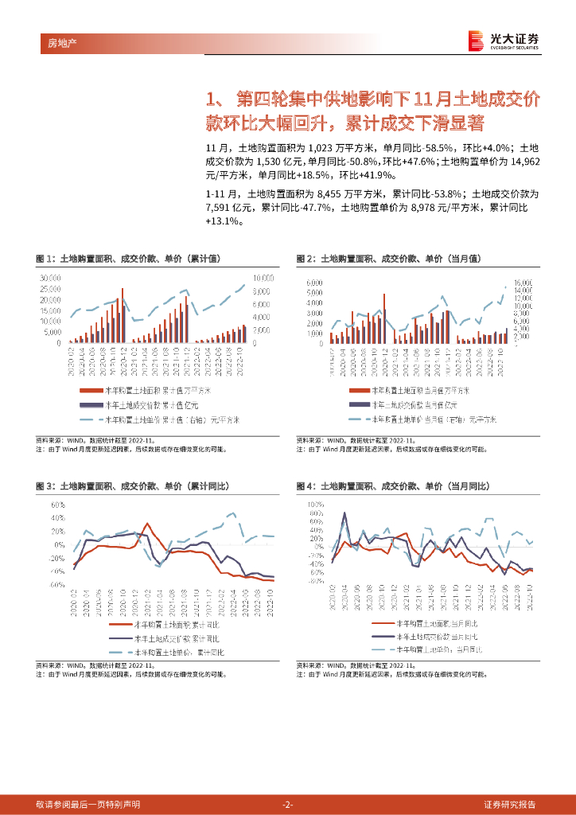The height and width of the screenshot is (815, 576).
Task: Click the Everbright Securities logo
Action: [503, 41]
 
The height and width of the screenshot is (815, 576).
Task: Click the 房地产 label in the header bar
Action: [53, 42]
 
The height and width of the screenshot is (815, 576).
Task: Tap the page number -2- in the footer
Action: [288, 804]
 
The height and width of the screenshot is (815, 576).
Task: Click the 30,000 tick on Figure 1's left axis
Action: [49, 277]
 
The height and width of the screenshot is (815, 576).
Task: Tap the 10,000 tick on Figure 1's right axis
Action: [263, 277]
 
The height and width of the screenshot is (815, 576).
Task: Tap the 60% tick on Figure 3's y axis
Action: [58, 505]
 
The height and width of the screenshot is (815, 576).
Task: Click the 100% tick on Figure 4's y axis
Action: [316, 505]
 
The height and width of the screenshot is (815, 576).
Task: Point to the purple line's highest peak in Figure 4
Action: [344, 513]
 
